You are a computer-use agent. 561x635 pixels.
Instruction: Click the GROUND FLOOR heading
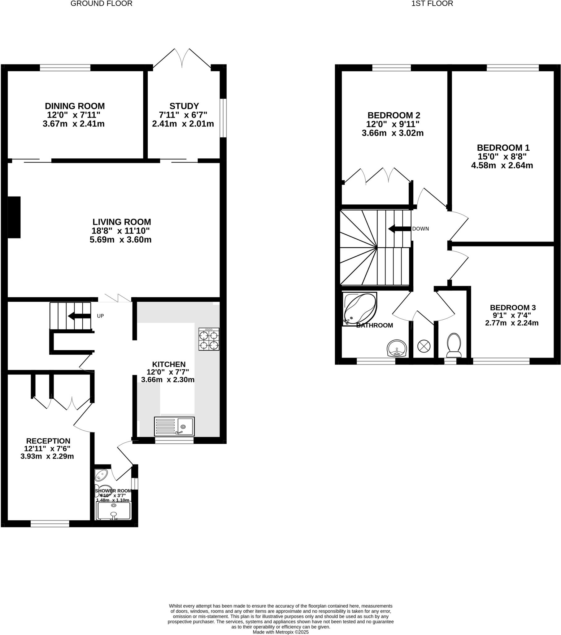pyautogui.click(x=102, y=4)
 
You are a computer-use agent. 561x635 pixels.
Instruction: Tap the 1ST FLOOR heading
pyautogui.click(x=432, y=4)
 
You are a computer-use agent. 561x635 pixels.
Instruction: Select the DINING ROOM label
pyautogui.click(x=75, y=106)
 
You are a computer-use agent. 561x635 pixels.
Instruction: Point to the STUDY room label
pyautogui.click(x=184, y=106)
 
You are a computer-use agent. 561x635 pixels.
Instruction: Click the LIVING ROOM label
pyautogui.click(x=122, y=222)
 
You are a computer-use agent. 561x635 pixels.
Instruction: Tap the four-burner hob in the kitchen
pyautogui.click(x=209, y=339)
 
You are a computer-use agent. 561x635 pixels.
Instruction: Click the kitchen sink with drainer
pyautogui.click(x=174, y=426)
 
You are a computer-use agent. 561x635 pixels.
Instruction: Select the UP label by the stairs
pyautogui.click(x=100, y=316)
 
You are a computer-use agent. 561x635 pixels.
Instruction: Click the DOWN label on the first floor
pyautogui.click(x=420, y=229)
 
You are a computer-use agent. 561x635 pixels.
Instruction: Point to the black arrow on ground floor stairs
pyautogui.click(x=79, y=316)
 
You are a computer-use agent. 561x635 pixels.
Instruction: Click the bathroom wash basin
pyautogui.click(x=397, y=349)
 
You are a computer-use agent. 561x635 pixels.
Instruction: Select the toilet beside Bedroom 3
pyautogui.click(x=454, y=345)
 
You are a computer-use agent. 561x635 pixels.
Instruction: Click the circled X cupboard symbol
pyautogui.click(x=424, y=346)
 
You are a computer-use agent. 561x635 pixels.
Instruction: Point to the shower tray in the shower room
pyautogui.click(x=114, y=511)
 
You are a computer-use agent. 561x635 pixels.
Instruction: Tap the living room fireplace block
pyautogui.click(x=14, y=217)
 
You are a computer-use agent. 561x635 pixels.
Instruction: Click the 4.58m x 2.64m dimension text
pyautogui.click(x=502, y=166)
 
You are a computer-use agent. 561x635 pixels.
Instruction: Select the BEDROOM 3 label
pyautogui.click(x=513, y=308)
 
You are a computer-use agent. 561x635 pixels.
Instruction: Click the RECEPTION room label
pyautogui.click(x=48, y=441)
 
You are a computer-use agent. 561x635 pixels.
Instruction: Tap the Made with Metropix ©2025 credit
pyautogui.click(x=280, y=632)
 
